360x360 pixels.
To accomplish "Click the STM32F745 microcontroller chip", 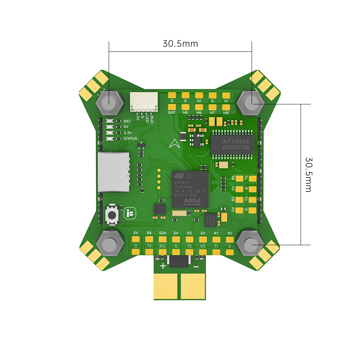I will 190,189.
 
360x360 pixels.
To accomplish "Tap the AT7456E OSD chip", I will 232,144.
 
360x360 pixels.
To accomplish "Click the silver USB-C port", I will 113,172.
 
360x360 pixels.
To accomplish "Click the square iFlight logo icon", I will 129,213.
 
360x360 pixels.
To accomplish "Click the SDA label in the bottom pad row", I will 162,233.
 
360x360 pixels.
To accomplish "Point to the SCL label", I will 162,246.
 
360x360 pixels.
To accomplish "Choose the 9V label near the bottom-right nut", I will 230,233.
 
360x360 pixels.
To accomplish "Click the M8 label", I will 226,113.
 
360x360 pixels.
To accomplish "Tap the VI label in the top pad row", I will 226,101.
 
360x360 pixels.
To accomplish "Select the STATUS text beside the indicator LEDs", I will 130,138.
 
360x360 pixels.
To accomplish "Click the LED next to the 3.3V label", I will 109,133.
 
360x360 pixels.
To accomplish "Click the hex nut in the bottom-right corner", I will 251,244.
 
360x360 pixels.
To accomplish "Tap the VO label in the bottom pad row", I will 203,246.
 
